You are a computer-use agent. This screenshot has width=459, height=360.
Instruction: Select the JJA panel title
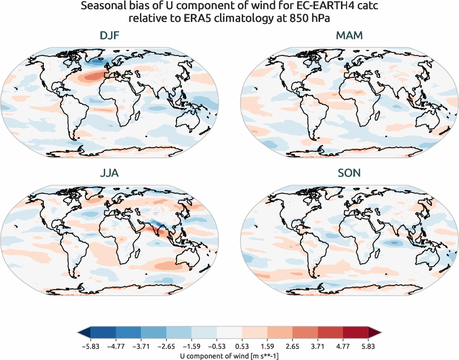[x=109, y=173]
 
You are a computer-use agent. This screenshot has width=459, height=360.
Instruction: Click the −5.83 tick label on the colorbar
[x=90, y=346]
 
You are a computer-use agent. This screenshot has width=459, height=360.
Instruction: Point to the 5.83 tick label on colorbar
[x=368, y=346]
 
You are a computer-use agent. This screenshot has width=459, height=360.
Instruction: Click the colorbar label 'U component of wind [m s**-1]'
[x=230, y=356]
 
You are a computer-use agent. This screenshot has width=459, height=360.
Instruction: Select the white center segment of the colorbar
[x=230, y=333]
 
